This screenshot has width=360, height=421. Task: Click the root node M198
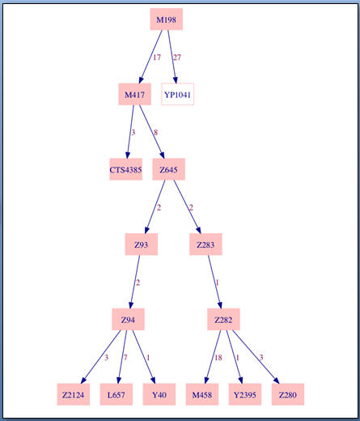point(167,19)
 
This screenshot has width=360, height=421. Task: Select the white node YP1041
point(177,94)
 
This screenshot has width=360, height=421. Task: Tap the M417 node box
point(134,94)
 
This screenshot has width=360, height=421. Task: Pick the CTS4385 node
point(125,169)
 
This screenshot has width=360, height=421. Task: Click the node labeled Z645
point(168,169)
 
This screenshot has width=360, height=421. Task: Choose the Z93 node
point(142,245)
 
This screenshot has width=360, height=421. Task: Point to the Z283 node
point(205,245)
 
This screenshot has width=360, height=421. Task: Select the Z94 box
point(128,319)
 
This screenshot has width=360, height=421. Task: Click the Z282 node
point(223,319)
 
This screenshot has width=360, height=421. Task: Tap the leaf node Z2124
point(73,394)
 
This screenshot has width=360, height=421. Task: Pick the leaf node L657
point(116,394)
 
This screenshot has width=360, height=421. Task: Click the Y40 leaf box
point(159,394)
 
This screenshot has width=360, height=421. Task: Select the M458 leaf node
point(202,394)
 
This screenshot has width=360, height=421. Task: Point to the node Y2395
point(245,394)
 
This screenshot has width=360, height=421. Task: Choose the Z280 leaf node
point(288,394)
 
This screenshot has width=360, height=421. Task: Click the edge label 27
point(177,57)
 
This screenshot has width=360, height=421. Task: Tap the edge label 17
point(157,57)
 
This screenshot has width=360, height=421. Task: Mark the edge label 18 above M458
point(218,358)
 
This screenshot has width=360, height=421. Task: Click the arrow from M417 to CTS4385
point(130,132)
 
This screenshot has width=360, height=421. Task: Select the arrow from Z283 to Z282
point(214,282)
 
